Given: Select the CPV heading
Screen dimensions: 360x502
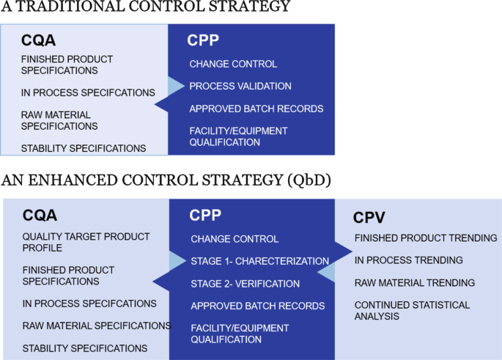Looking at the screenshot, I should tap(369, 217).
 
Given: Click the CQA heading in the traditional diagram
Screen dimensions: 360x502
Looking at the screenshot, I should tap(39, 40).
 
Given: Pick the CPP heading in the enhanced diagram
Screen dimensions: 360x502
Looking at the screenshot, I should tap(206, 216).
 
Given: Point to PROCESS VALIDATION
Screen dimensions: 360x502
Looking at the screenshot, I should tap(240, 87).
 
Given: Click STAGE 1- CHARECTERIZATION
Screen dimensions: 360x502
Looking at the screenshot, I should tap(259, 261).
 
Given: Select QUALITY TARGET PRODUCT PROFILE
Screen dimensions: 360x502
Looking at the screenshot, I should tap(86, 243).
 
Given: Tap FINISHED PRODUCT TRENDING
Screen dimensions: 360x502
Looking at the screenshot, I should tap(426, 238).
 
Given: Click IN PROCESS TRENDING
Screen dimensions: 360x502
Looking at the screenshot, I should tap(408, 260).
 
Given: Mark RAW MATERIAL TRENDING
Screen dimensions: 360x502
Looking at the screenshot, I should tap(415, 283).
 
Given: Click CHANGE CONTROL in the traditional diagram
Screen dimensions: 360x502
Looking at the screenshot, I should tap(233, 65).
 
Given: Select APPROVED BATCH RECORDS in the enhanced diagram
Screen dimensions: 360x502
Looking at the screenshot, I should tap(257, 306).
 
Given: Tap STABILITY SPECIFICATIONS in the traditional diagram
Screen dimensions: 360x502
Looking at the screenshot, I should tap(84, 148).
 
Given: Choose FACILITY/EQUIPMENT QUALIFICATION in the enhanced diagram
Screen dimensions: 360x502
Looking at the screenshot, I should tap(239, 334).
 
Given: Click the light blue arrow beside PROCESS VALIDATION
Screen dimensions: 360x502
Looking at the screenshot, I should tap(174, 87).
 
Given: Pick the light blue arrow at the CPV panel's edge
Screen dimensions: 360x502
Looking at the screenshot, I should tap(327, 272).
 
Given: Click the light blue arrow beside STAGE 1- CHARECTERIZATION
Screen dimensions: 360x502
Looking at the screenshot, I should tap(177, 261).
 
